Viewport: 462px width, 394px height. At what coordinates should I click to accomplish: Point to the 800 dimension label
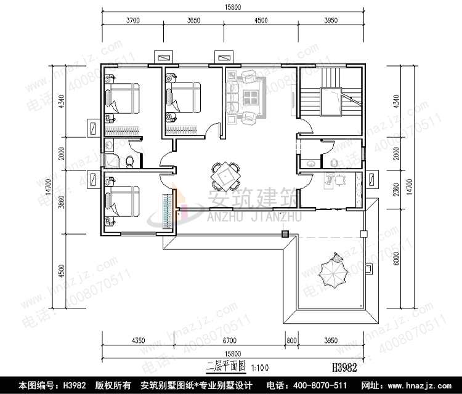[290, 339]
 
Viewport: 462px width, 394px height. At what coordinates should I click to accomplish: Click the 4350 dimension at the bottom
[139, 339]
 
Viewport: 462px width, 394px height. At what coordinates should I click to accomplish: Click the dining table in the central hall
[223, 177]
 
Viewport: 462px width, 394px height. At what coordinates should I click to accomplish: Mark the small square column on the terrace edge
[285, 234]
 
